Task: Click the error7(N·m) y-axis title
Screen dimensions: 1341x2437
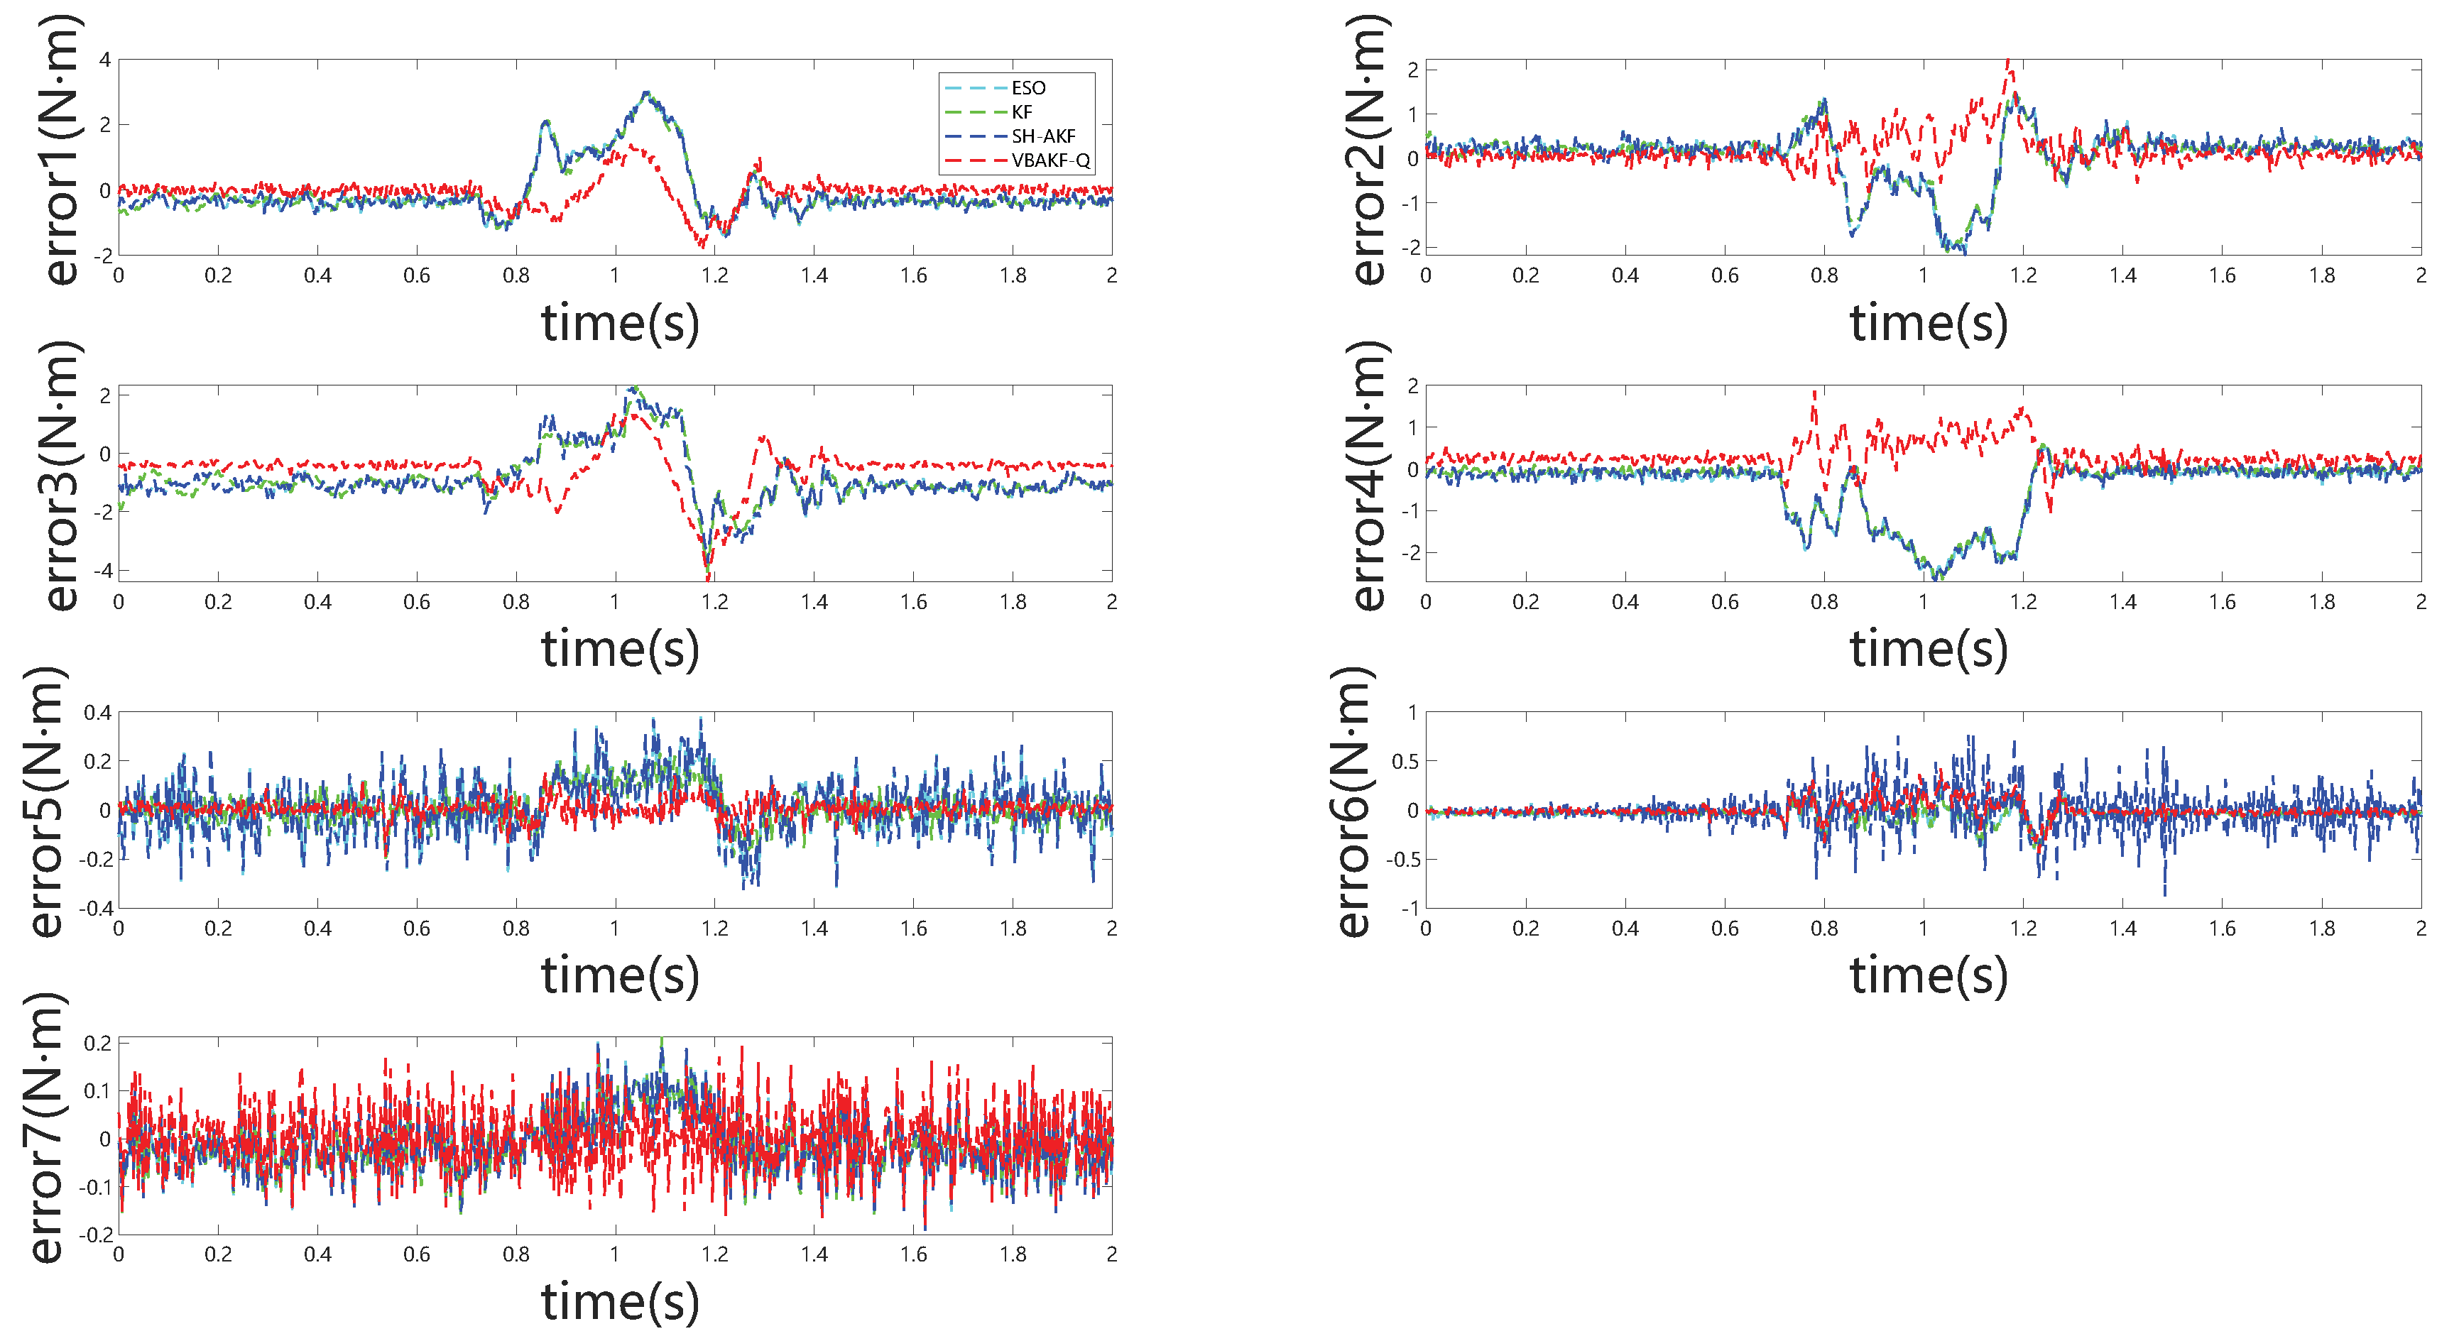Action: tap(45, 1128)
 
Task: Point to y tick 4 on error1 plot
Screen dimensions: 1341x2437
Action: tap(105, 60)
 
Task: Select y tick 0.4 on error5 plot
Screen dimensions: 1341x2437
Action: tap(97, 712)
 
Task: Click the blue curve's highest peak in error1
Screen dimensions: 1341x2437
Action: tap(646, 93)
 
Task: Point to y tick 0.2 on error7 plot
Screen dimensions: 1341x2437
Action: tap(97, 1043)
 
